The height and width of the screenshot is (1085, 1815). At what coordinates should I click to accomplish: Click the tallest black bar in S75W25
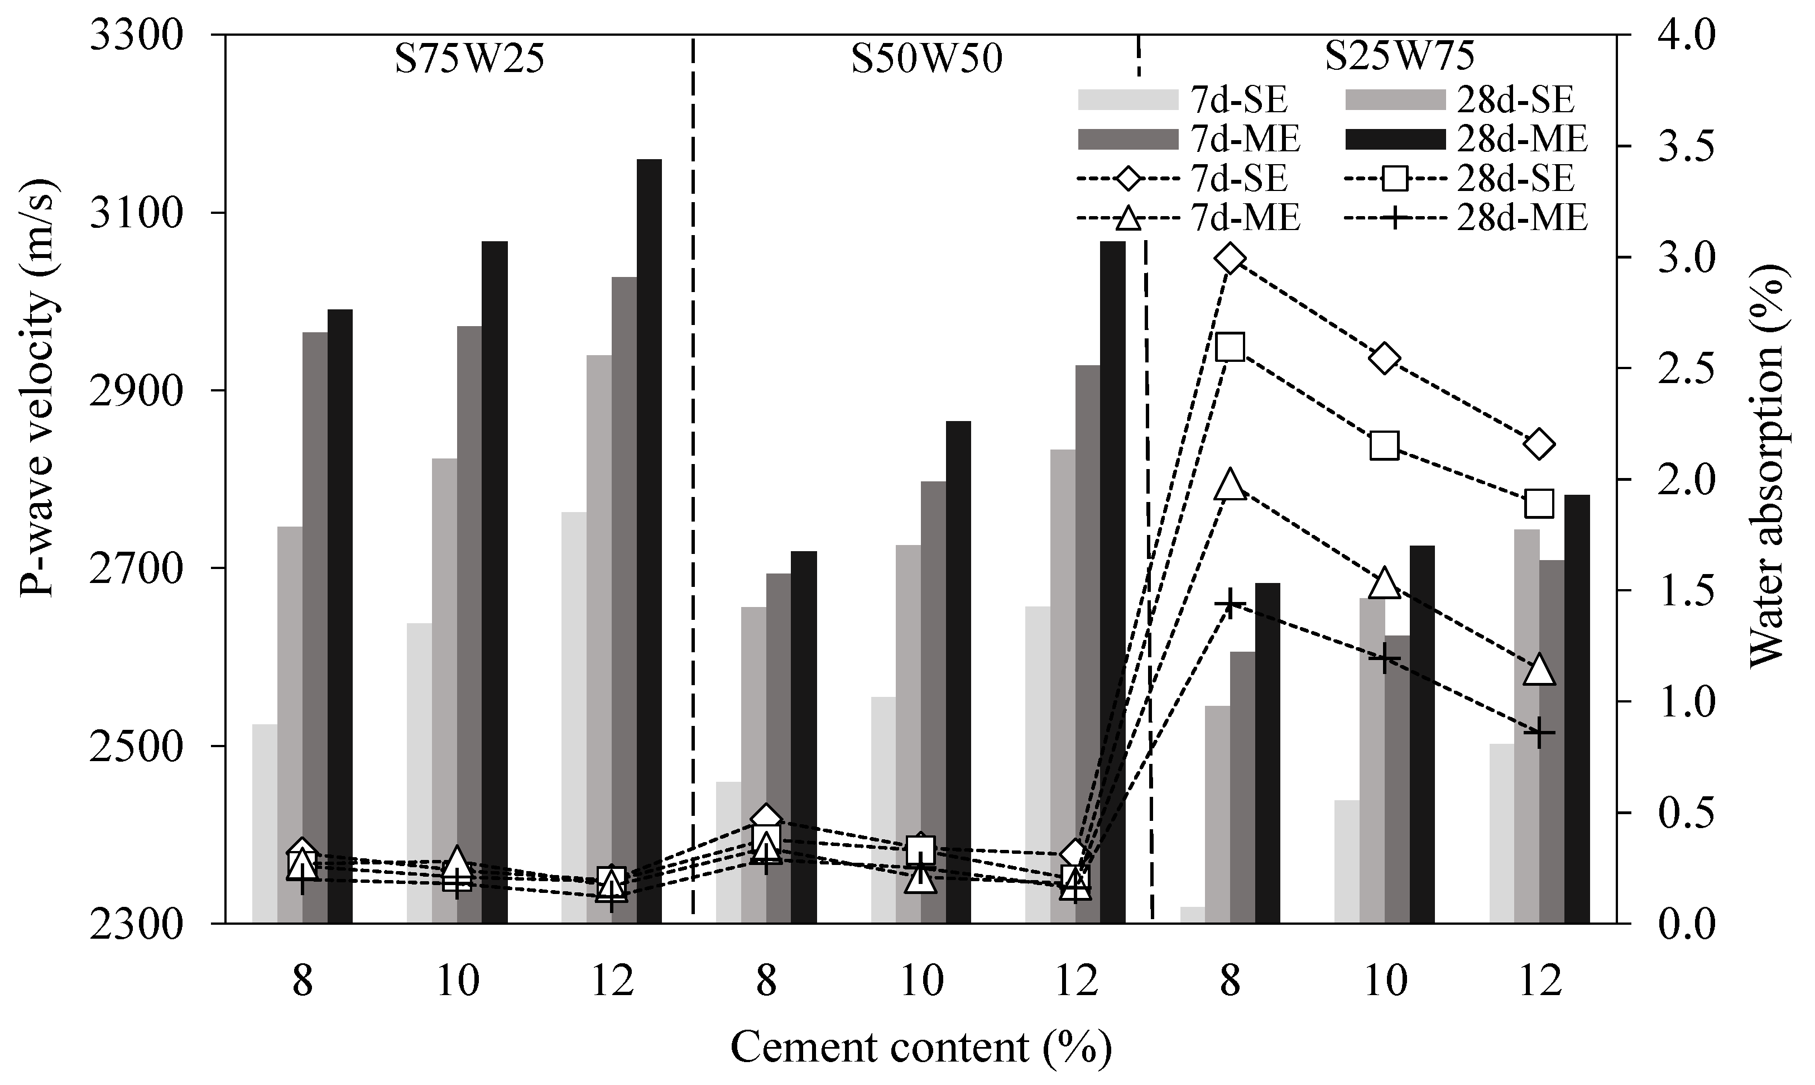pos(649,541)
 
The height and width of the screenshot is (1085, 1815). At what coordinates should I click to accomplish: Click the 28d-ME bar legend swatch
pos(1396,139)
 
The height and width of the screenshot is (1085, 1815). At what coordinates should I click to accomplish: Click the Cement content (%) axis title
pos(921,1048)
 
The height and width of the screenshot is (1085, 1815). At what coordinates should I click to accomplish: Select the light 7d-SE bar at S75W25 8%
pos(265,824)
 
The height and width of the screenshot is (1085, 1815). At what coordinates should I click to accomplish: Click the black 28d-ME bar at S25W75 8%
pos(1267,753)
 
